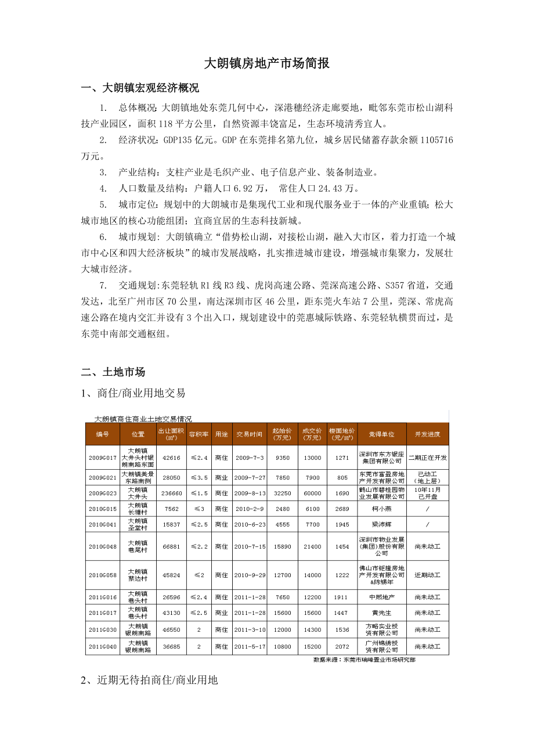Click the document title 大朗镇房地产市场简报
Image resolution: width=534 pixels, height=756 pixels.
267,63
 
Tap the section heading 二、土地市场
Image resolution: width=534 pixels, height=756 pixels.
113,372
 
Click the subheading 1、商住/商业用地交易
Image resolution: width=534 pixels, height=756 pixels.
133,393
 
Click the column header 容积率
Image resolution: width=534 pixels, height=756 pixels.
198,434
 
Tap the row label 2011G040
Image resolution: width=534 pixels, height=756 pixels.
103,646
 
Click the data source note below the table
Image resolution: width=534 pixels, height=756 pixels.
364,660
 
